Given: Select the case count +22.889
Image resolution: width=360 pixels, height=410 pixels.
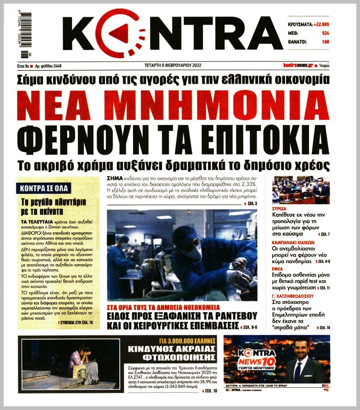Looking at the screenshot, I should (x=321, y=24).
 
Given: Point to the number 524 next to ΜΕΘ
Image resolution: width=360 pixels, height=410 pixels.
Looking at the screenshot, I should (x=325, y=33).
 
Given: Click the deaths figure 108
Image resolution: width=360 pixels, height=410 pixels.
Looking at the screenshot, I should (x=325, y=42).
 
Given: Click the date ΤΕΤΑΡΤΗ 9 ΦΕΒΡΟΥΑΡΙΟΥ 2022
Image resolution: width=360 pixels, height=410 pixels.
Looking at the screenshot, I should (x=173, y=66).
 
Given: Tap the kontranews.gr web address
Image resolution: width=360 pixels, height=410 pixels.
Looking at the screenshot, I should (x=298, y=65).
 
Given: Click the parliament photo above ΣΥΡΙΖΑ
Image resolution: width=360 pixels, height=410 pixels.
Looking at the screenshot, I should (x=301, y=190).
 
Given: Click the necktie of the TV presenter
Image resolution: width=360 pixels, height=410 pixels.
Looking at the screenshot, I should (x=298, y=372).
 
